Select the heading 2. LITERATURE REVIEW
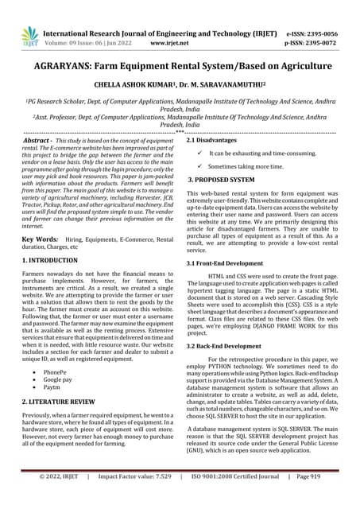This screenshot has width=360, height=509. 61,404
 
